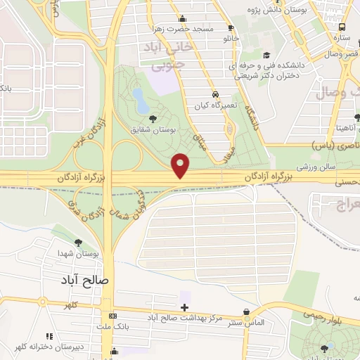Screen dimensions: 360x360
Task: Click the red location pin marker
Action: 181,165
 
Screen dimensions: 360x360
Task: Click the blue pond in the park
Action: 141,101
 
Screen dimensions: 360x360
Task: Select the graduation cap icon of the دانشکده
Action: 265,56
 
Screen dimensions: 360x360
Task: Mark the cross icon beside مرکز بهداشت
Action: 184,307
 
